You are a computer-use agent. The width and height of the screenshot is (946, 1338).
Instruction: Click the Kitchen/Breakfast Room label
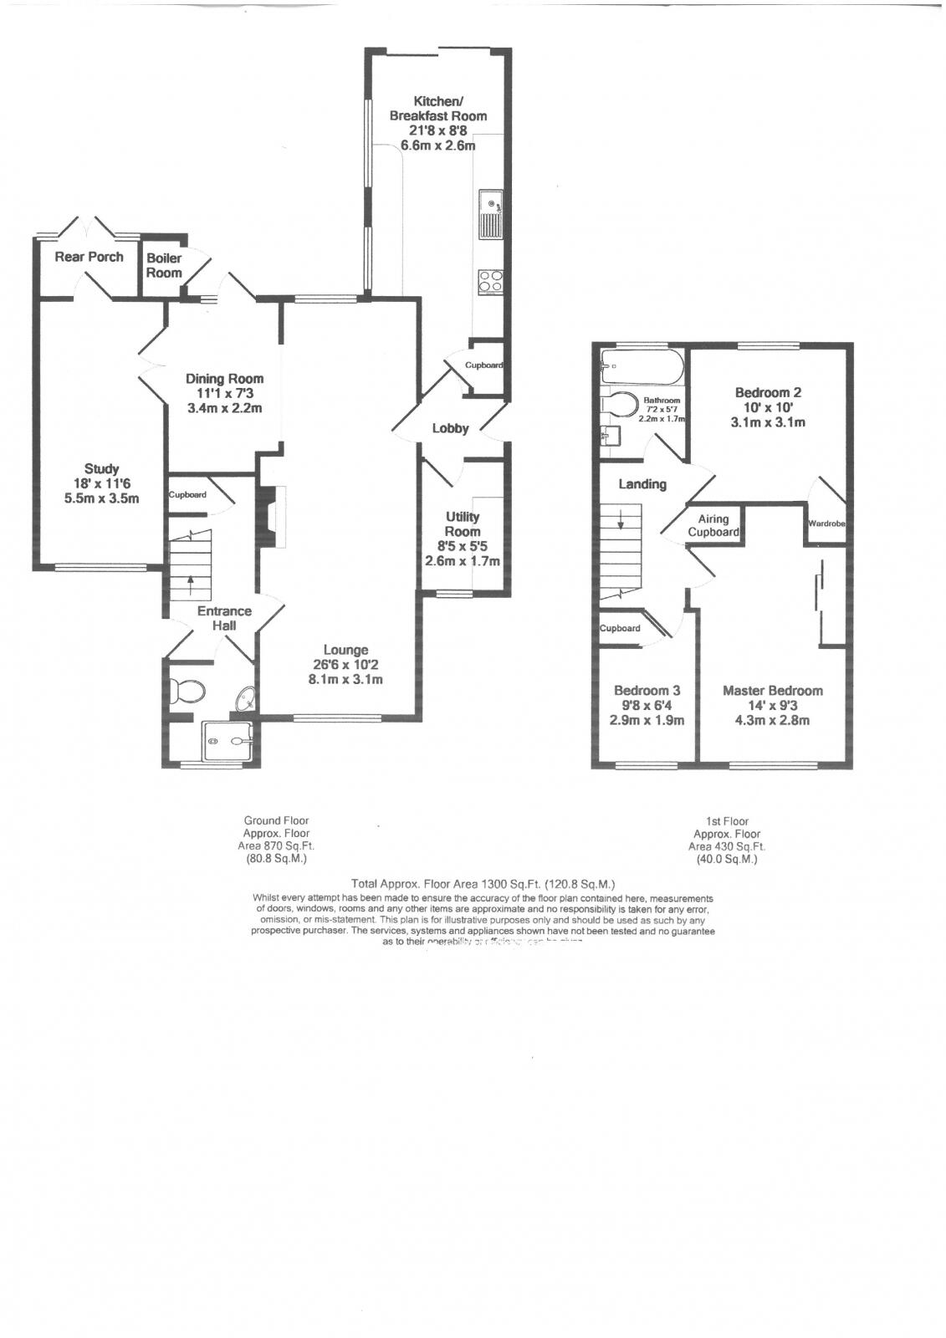pyautogui.click(x=437, y=109)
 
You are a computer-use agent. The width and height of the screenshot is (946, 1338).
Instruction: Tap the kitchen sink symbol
pyautogui.click(x=490, y=213)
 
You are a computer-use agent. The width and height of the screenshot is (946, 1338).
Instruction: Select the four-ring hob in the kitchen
pyautogui.click(x=490, y=282)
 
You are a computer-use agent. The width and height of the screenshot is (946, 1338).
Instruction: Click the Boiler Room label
pyautogui.click(x=164, y=265)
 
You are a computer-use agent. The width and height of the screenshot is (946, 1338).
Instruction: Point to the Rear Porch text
pyautogui.click(x=89, y=257)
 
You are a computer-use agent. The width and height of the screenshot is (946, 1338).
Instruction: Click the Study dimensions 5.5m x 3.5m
pyautogui.click(x=101, y=498)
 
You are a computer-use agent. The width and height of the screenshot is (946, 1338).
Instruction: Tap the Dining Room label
pyautogui.click(x=224, y=379)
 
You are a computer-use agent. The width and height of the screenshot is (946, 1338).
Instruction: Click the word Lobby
pyautogui.click(x=450, y=428)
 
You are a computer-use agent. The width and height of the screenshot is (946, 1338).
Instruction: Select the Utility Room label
pyautogui.click(x=463, y=524)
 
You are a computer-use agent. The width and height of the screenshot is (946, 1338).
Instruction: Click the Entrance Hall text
pyautogui.click(x=224, y=618)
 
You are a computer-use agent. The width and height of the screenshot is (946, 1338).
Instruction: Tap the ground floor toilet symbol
pyautogui.click(x=187, y=692)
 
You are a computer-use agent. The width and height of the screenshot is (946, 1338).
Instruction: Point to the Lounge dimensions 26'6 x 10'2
pyautogui.click(x=345, y=665)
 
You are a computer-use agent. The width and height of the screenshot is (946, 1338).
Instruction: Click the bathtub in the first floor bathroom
pyautogui.click(x=642, y=366)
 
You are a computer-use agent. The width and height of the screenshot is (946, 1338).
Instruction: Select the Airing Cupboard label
pyautogui.click(x=713, y=526)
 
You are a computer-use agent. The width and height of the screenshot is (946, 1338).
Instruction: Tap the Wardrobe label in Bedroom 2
pyautogui.click(x=826, y=523)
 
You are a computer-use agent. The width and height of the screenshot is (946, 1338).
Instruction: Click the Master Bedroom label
pyautogui.click(x=772, y=691)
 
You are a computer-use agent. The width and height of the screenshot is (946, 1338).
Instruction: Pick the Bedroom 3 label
pyautogui.click(x=647, y=691)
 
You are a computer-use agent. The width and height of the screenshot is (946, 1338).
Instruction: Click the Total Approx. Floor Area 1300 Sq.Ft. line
pyautogui.click(x=483, y=883)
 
